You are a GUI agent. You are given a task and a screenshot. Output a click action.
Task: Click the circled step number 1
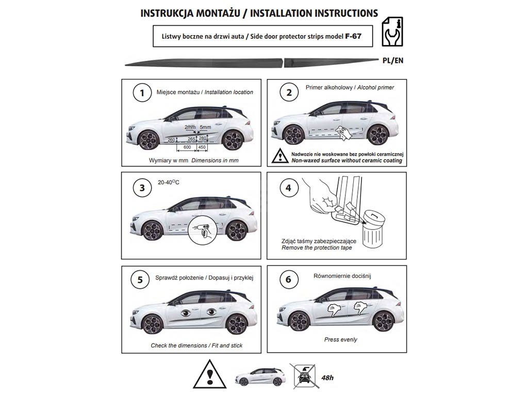pyautogui.click(x=142, y=93)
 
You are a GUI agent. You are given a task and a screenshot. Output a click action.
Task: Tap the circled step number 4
pyautogui.click(x=288, y=188)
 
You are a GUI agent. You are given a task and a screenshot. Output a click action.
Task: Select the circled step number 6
pyautogui.click(x=288, y=279)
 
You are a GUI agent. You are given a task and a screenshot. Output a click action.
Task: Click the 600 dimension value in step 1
pyautogui.click(x=187, y=147)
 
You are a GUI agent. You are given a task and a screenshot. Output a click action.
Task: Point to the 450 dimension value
pyautogui.click(x=202, y=147)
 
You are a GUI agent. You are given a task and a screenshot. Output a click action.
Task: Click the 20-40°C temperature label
pyautogui.click(x=169, y=183)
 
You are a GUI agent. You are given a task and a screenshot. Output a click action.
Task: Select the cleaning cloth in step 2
pyautogui.click(x=344, y=132)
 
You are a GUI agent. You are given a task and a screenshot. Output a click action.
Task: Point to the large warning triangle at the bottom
pyautogui.click(x=210, y=374)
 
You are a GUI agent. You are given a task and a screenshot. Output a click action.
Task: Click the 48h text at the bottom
pyautogui.click(x=327, y=378)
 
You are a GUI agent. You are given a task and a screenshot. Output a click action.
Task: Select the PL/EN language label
pyautogui.click(x=393, y=60)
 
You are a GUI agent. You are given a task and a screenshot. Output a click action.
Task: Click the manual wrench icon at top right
pyautogui.click(x=391, y=31)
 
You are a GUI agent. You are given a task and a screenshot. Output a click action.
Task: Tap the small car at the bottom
pyautogui.click(x=260, y=376)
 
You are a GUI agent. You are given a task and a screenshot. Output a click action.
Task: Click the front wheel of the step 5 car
pyautogui.click(x=153, y=324)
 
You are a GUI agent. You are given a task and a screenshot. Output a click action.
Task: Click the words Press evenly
pyautogui.click(x=340, y=340)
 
